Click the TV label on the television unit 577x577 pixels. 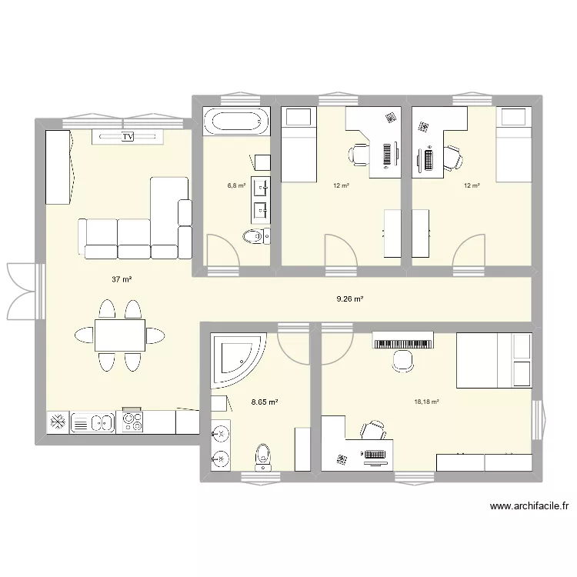pyautogui.click(x=128, y=137)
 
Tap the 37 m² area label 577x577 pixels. pyautogui.click(x=121, y=280)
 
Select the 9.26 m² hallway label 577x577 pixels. pyautogui.click(x=349, y=299)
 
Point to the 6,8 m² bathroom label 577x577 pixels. pyautogui.click(x=236, y=185)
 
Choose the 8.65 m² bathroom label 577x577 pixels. pyautogui.click(x=264, y=402)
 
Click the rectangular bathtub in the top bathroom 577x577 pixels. pyautogui.click(x=236, y=122)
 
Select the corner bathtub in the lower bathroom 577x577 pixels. pyautogui.click(x=237, y=359)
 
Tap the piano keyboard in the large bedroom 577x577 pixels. pyautogui.click(x=402, y=341)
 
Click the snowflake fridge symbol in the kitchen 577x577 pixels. pyautogui.click(x=57, y=422)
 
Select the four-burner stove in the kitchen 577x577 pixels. pyautogui.click(x=132, y=422)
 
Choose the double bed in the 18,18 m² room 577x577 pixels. pyautogui.click(x=494, y=361)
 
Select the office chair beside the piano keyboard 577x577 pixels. pyautogui.click(x=402, y=360)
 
